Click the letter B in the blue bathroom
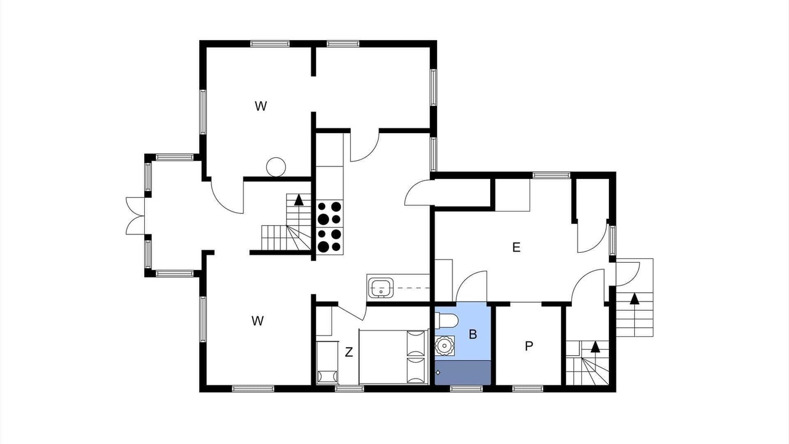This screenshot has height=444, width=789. click(x=473, y=334)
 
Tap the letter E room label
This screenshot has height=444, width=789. click(x=516, y=247)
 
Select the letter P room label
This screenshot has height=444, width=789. click(x=529, y=347)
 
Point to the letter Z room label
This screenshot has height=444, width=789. click(x=349, y=351)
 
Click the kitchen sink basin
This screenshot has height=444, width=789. click(x=380, y=288)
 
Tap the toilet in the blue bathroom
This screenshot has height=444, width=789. click(x=446, y=320)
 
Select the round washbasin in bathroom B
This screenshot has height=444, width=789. click(x=444, y=346)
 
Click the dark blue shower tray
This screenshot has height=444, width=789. click(x=463, y=372)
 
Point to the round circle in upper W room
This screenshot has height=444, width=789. click(x=276, y=166)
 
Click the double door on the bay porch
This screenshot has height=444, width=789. click(x=135, y=216)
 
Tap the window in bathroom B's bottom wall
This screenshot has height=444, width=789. click(x=466, y=388)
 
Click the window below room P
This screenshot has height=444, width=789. click(x=528, y=388)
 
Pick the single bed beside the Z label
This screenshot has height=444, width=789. click(x=393, y=356)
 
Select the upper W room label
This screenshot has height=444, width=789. click(x=261, y=105)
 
